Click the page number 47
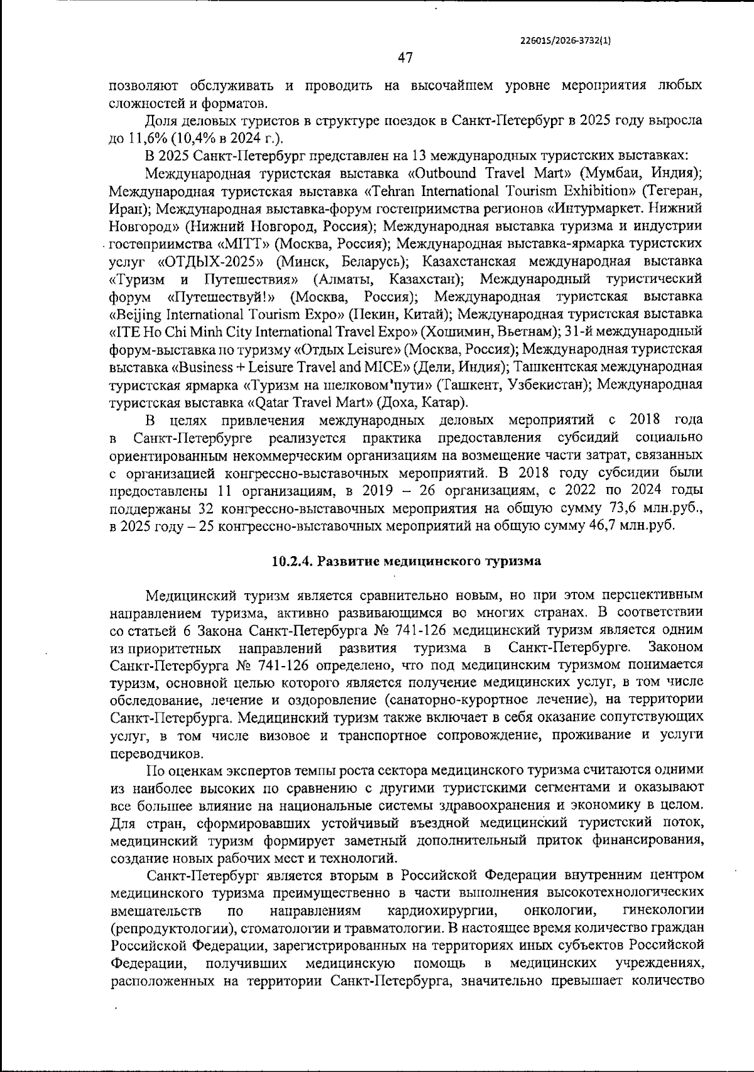point(405,58)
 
